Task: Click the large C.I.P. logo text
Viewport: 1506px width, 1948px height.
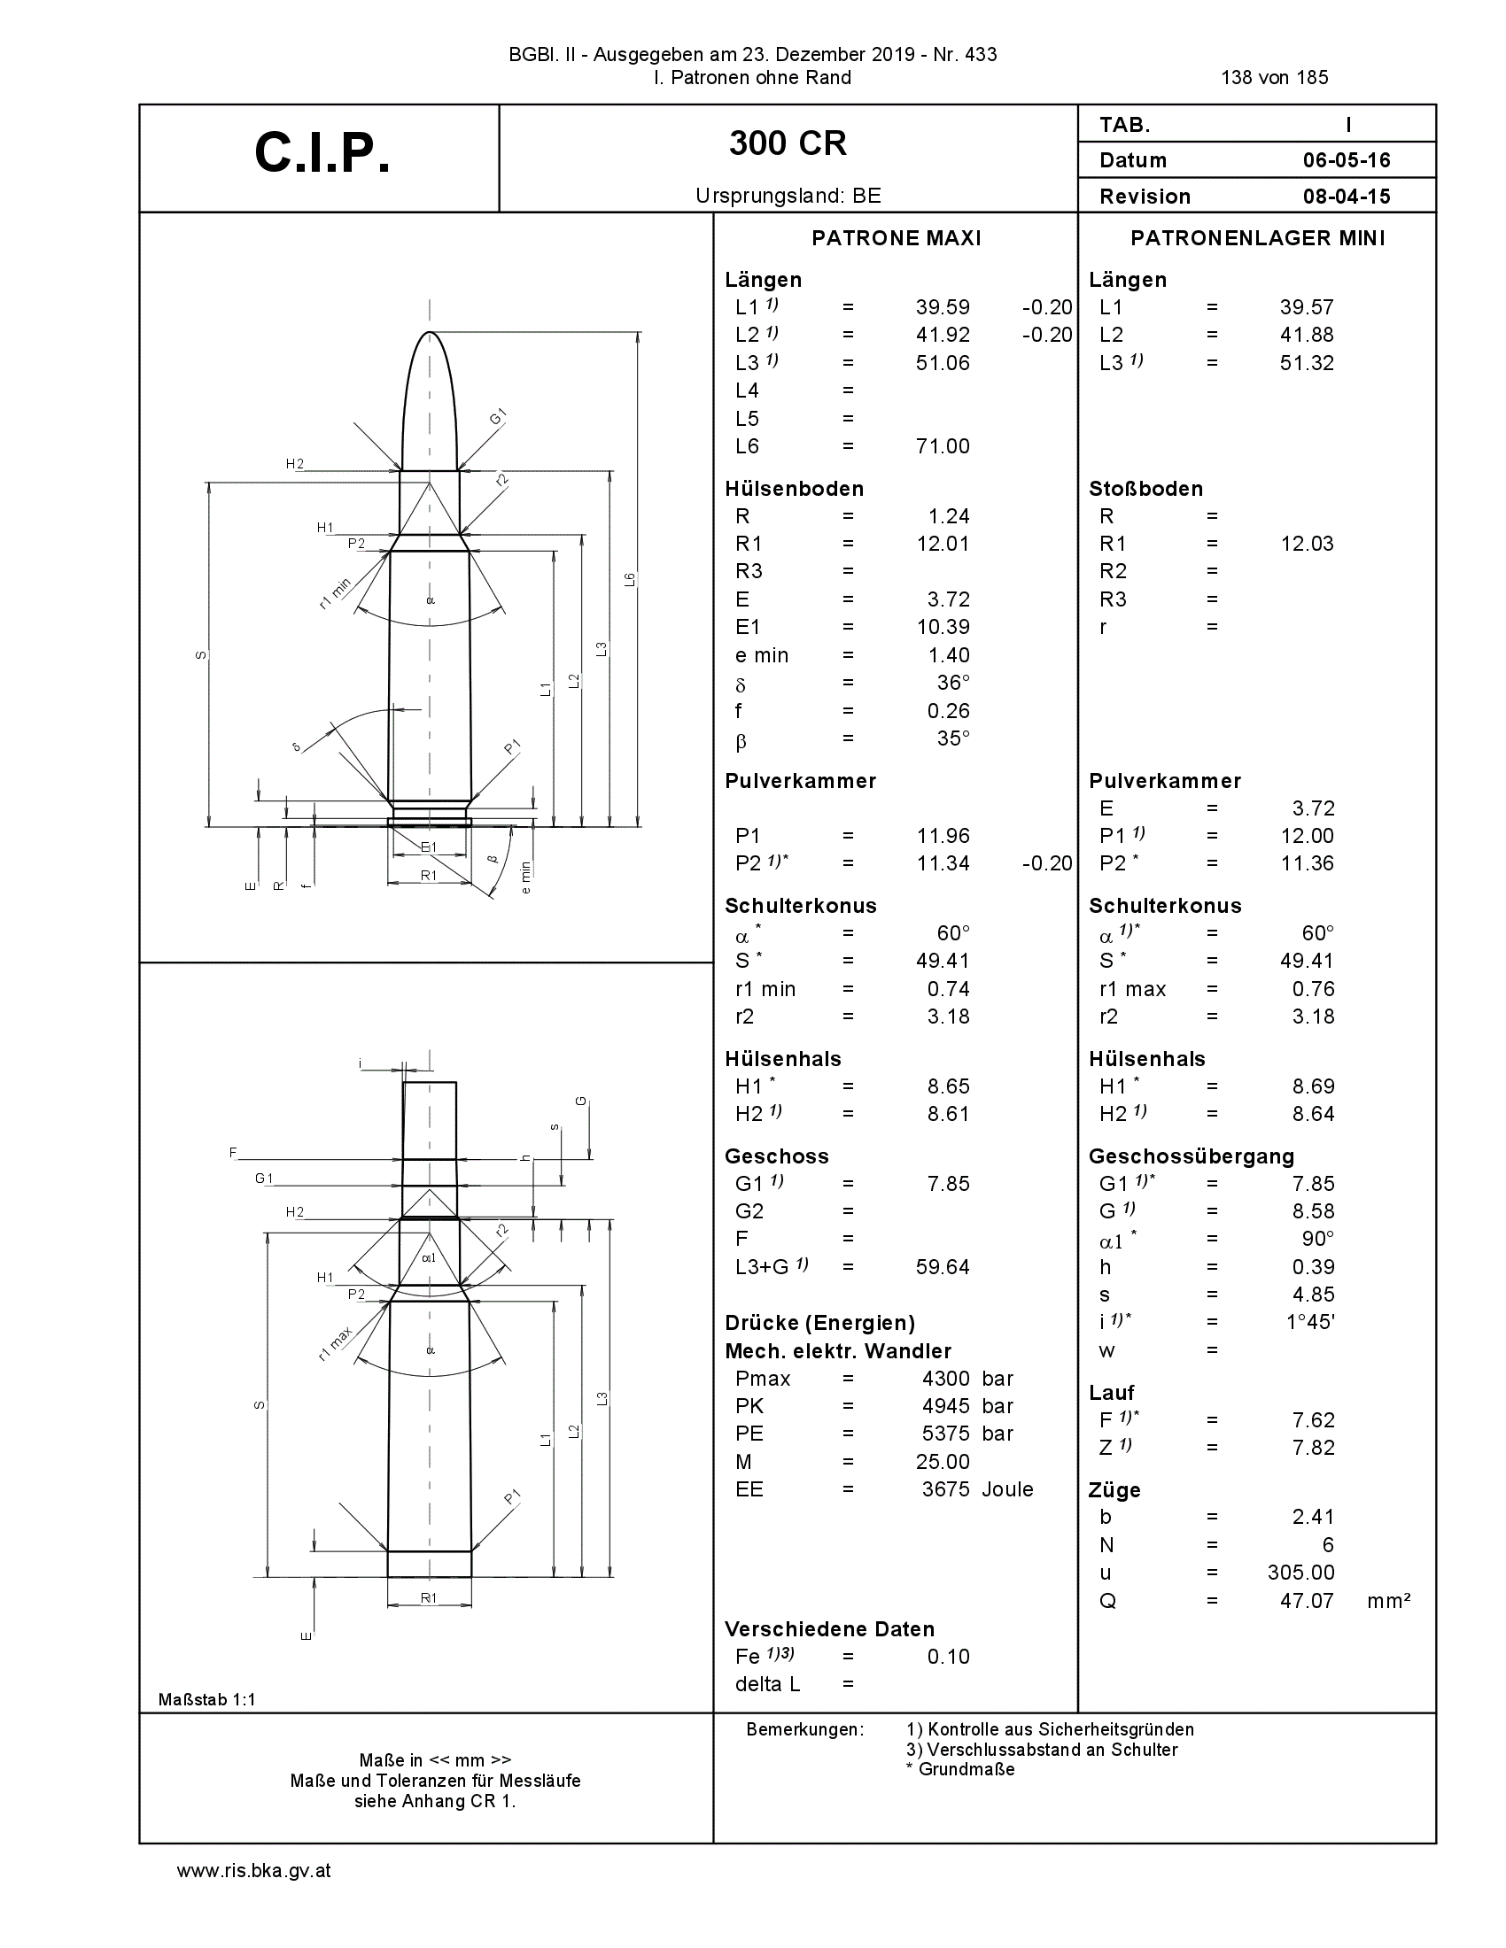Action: pyautogui.click(x=322, y=153)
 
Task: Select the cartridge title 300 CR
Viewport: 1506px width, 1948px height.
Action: pyautogui.click(x=788, y=143)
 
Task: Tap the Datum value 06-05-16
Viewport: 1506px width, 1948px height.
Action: pyautogui.click(x=1347, y=160)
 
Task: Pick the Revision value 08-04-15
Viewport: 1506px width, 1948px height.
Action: pyautogui.click(x=1347, y=197)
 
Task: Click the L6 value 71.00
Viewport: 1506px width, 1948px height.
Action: pyautogui.click(x=943, y=446)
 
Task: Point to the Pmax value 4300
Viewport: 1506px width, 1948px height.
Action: pyautogui.click(x=946, y=1379)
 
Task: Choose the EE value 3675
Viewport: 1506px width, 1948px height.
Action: pyautogui.click(x=946, y=1489)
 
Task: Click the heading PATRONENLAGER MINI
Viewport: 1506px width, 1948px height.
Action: pyautogui.click(x=1258, y=238)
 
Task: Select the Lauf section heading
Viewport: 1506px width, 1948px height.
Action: pyautogui.click(x=1112, y=1393)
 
